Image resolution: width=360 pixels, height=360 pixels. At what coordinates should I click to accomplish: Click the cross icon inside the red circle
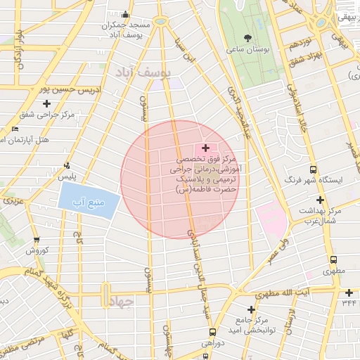tap(205, 148)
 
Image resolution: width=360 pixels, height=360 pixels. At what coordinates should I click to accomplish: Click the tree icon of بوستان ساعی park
tap(247, 38)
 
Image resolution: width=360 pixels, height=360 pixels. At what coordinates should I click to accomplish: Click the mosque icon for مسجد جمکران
tap(126, 14)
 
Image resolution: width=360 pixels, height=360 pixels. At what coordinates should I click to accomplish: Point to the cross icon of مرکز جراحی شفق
tap(47, 103)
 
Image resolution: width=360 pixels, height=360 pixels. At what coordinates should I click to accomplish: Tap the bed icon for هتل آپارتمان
tap(15, 129)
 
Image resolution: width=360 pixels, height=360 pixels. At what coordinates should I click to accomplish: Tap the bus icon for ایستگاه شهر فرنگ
tap(313, 169)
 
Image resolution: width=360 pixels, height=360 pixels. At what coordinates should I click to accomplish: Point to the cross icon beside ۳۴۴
tap(349, 292)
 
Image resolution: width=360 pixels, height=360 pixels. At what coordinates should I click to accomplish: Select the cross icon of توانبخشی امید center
tap(251, 309)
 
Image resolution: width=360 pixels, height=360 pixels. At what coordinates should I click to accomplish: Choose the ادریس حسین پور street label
tap(66, 89)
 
